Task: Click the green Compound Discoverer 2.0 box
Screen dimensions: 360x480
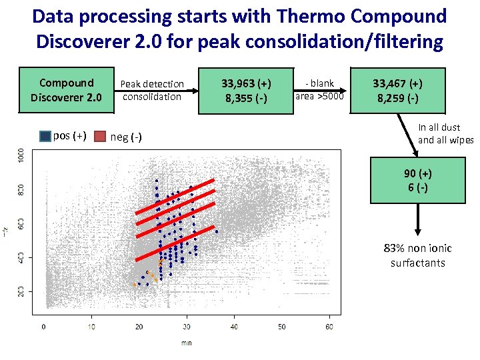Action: coord(66,90)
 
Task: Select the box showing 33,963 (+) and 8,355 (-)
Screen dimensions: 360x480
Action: coord(247,90)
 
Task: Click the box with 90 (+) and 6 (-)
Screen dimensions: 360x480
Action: coord(418,180)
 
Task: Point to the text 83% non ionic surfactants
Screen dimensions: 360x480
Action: coord(418,255)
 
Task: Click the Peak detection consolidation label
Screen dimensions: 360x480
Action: coord(151,90)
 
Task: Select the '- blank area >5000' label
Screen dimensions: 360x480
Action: coord(319,89)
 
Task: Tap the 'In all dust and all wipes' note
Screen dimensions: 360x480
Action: coord(445,133)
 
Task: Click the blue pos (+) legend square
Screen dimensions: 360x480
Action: coord(45,136)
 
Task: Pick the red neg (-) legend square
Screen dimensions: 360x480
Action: coord(100,136)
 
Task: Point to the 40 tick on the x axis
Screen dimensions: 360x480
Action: coord(234,327)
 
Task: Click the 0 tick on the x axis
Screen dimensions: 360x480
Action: coord(44,327)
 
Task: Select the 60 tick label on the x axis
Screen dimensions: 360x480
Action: coord(329,327)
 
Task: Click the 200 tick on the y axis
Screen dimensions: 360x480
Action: coord(21,291)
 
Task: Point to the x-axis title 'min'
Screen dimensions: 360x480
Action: coord(186,343)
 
